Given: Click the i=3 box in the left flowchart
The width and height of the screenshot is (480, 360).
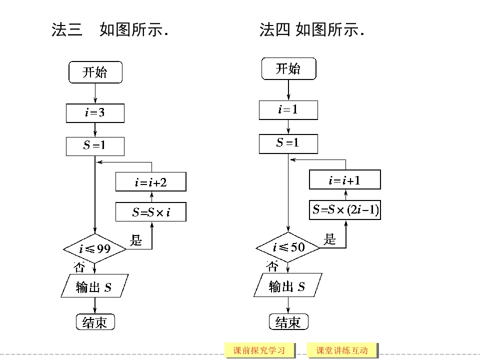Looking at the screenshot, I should (x=95, y=113).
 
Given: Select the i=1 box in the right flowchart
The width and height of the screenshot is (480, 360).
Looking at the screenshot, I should (x=288, y=110).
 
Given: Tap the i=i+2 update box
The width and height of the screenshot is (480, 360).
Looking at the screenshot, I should (x=150, y=182).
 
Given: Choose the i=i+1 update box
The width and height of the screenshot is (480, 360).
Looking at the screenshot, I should (x=344, y=180).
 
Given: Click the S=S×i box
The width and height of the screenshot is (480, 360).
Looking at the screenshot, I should (x=150, y=212).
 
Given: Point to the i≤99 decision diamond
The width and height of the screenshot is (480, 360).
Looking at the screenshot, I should (x=95, y=248).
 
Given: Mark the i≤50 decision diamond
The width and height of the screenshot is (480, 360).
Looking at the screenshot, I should (x=288, y=247).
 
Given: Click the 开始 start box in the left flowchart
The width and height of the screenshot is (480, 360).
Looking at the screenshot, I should (x=95, y=72).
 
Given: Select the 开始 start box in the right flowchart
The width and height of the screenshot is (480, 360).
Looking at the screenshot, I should (x=288, y=69).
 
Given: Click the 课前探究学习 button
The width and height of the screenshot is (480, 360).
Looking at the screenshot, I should (x=259, y=350).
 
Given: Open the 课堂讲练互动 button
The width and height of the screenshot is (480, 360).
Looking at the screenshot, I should (x=342, y=350).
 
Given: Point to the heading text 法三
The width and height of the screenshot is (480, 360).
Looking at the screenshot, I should (x=67, y=30).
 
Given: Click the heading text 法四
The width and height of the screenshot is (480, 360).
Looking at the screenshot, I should (x=274, y=30).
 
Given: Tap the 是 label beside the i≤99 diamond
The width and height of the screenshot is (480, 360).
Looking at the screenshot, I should (x=136, y=240).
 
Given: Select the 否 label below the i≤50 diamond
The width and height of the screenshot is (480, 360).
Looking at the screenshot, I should (x=272, y=266).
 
